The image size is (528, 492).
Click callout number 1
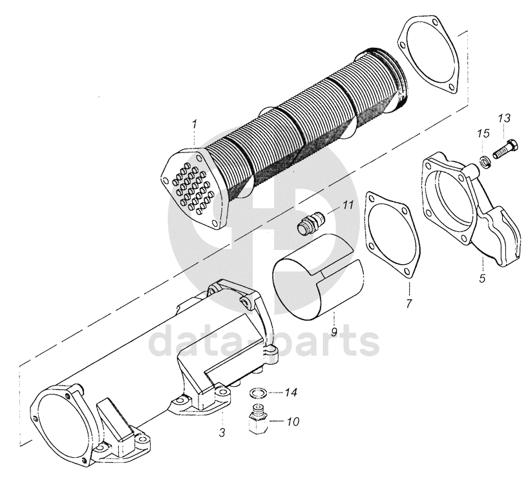click(193, 123)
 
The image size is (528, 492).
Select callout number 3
click(222, 433)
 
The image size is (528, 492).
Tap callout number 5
click(482, 280)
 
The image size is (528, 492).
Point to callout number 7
click(409, 302)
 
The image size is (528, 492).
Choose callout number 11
click(348, 206)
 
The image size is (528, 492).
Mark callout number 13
click(504, 118)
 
